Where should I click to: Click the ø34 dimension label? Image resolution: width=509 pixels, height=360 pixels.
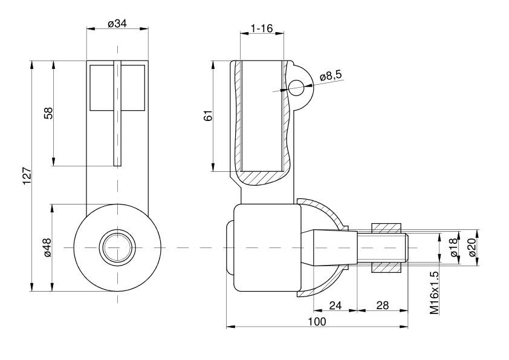point(117,23)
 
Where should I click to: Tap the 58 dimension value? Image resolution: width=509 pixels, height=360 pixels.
point(48,113)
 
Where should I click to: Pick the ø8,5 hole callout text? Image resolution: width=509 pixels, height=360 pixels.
point(330,76)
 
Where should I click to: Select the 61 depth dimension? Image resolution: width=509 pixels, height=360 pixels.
point(207,116)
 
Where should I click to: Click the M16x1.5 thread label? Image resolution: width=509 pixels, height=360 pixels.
point(434,292)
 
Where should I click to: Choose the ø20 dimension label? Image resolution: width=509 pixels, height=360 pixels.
point(472,248)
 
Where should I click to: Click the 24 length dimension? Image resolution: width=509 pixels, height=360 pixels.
point(336,305)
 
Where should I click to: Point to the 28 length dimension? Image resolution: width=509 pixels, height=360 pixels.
point(382,305)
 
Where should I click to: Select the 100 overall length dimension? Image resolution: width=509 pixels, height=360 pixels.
point(316,321)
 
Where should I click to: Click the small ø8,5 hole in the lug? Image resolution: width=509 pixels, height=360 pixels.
point(297,87)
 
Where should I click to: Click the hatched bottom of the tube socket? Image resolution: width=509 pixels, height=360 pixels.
point(261,177)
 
